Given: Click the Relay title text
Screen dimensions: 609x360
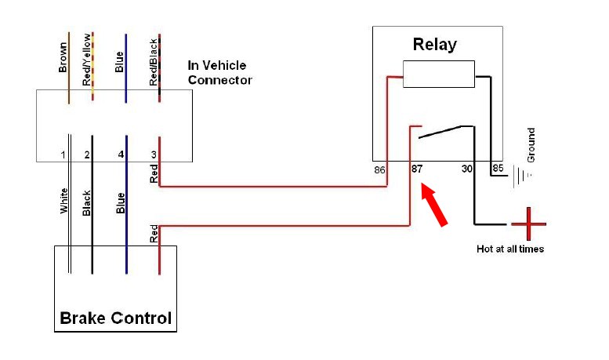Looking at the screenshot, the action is [435, 45].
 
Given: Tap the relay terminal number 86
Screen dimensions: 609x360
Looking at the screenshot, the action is [379, 170].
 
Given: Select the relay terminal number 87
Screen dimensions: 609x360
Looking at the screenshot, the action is [417, 169].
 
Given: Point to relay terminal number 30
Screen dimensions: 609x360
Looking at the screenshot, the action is [467, 169].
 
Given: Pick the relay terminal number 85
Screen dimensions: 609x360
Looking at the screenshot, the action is [498, 168].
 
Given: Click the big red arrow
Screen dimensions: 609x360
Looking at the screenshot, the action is [434, 205].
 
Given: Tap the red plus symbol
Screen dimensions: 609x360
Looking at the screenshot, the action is [528, 224].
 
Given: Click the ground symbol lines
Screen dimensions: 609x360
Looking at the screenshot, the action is [522, 176].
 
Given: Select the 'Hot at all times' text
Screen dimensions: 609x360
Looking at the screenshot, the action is [510, 249].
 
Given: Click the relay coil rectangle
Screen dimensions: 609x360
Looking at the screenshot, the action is [439, 74].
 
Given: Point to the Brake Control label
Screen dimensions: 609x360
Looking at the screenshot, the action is [116, 318].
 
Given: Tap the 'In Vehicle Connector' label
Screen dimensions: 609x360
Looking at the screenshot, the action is [219, 73].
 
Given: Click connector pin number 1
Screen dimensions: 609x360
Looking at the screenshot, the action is [63, 155].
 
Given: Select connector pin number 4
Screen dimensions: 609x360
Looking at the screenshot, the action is [121, 155].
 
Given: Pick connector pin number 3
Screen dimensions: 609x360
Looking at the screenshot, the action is [154, 155].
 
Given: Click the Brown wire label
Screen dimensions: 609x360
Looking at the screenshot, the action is [63, 57].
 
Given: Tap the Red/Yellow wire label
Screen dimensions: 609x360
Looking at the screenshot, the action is [87, 60].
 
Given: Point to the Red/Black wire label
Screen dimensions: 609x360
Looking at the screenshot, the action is [154, 62].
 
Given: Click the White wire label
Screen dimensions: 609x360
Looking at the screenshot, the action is [64, 201].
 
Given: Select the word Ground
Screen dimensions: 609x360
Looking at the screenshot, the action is [531, 145].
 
